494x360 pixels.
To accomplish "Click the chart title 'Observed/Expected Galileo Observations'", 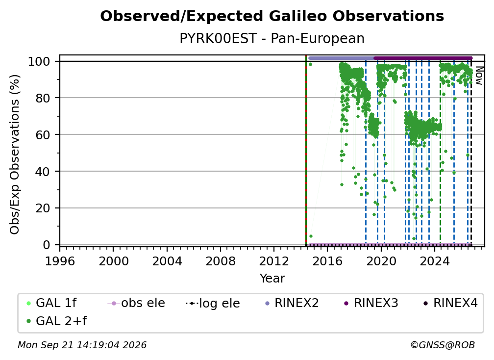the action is point(272,16).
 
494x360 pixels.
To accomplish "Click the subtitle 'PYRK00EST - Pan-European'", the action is point(272,39).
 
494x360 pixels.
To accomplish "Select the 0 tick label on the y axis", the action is point(47,245).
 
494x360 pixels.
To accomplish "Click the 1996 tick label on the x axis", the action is point(60,261).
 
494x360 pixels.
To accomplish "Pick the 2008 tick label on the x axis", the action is point(220,261).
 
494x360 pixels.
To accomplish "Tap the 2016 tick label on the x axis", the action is point(327,261).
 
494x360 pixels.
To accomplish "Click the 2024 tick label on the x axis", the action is point(434,261).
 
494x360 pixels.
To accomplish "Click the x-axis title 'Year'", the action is point(272,279).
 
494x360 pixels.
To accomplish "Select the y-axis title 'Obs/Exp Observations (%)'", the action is point(15,154).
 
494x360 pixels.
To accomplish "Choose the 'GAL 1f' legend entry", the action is point(51,303).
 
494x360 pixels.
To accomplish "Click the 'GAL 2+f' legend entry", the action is point(56,321).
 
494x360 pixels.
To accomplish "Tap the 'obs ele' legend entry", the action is point(136,303).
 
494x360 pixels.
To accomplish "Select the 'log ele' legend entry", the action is point(213,304).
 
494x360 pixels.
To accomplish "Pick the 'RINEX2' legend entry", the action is point(292,303).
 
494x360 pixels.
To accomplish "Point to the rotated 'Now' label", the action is point(479,76).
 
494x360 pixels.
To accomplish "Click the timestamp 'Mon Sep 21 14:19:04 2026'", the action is point(82,345).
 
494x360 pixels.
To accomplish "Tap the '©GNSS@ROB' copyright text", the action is point(443,345).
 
